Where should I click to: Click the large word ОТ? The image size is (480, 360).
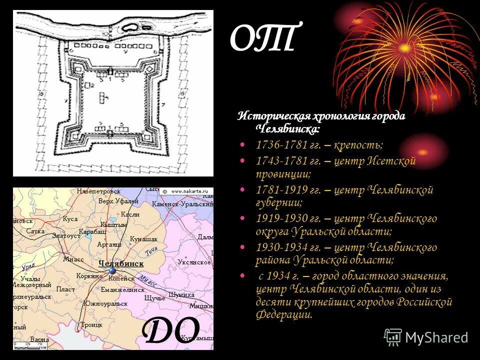coord(263,39)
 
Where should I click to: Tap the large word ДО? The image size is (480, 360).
coord(171,330)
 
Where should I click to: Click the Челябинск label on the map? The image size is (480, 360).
coord(121,263)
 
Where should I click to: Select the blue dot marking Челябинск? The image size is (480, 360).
coord(112,271)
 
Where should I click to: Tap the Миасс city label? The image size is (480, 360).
coord(73,259)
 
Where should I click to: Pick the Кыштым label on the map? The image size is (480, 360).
coord(112,225)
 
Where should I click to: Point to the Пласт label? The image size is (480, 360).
coord(65,289)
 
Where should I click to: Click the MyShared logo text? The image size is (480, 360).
coord(436,337)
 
